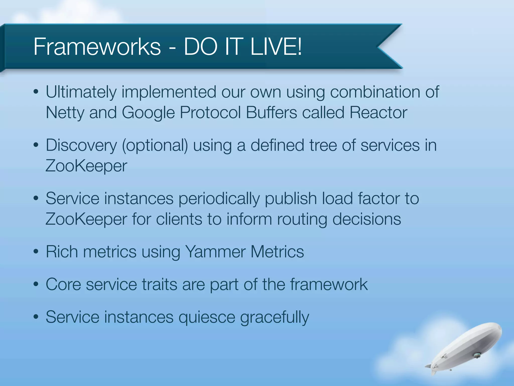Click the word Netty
coord(65,112)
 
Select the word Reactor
coord(378,112)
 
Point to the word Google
coord(148,112)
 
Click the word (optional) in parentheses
coord(155,146)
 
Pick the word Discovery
coord(81,146)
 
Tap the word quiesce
coord(207,317)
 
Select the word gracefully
coord(275,317)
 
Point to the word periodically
coord(219,199)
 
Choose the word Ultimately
coord(81,92)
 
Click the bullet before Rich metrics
coord(36,252)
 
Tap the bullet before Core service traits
coord(36,284)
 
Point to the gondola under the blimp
coord(476,355)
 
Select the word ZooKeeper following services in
coord(86,166)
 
